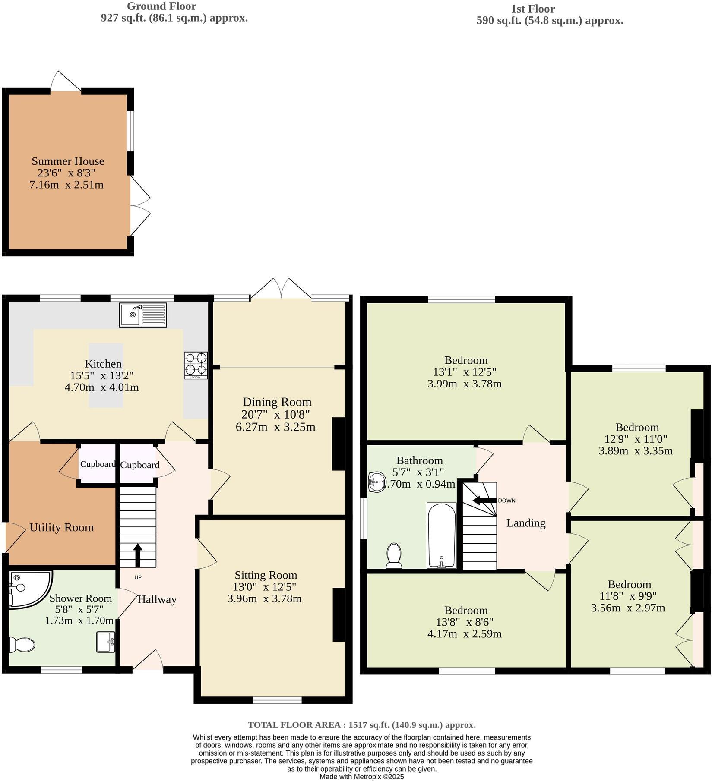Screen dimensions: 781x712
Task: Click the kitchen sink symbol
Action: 143,315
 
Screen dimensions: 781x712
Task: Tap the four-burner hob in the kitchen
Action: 196,365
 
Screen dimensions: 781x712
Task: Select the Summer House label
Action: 68,161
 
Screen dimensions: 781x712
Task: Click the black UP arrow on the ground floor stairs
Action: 138,555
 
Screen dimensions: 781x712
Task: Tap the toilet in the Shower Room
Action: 22,645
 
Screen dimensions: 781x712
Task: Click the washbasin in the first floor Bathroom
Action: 377,482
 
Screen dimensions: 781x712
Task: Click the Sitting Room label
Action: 266,575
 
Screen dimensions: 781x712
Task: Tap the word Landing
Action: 525,523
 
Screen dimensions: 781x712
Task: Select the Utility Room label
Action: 61,527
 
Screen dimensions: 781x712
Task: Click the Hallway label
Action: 157,599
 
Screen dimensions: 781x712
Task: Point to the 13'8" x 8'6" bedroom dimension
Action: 465,622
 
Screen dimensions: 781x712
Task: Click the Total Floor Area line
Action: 361,725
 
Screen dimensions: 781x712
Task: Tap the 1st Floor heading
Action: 532,9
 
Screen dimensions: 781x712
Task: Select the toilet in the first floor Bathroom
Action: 394,556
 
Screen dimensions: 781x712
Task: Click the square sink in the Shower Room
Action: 105,642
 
